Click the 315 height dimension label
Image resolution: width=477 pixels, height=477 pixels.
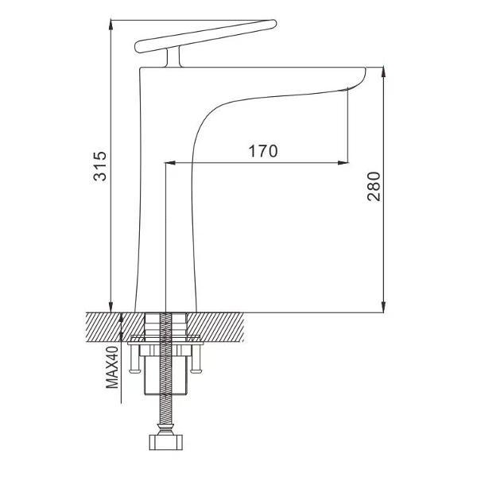100,166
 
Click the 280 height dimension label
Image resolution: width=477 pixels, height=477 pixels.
374,187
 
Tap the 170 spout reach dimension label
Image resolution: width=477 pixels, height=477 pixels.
263,151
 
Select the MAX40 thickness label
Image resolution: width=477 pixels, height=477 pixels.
112,367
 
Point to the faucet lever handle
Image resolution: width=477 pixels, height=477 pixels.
206,37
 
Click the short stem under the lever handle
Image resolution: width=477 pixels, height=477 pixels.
173,57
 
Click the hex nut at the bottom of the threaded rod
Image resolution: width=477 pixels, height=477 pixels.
166,442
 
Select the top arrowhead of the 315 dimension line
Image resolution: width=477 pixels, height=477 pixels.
111,25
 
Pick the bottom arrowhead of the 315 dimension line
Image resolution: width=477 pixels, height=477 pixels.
111,307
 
